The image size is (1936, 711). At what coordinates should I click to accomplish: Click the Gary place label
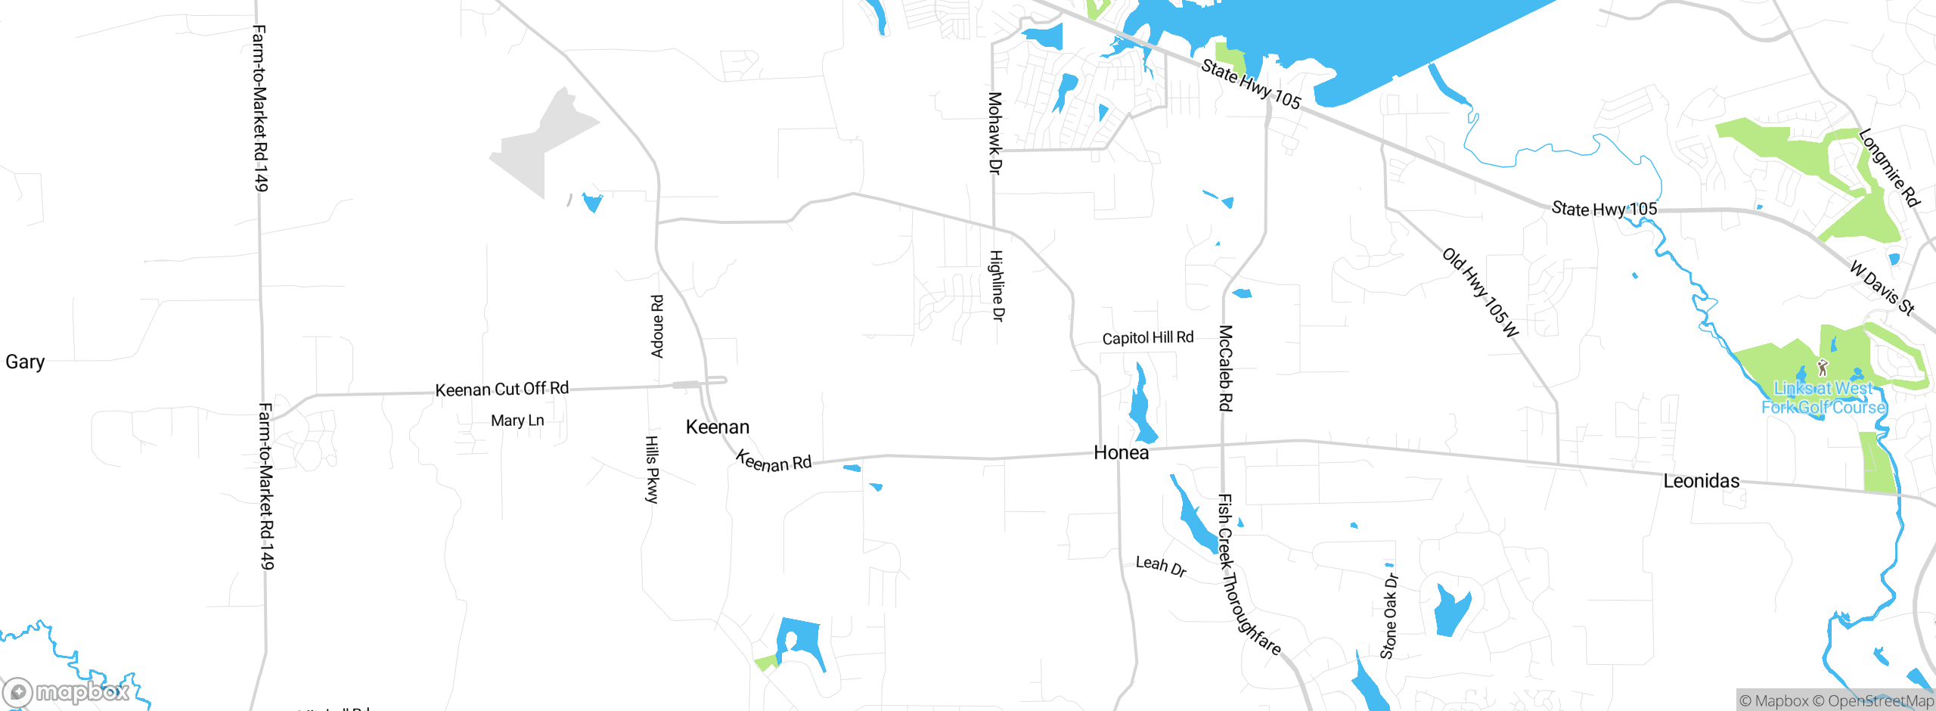pyautogui.click(x=25, y=362)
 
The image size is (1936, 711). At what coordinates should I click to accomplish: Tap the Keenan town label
pyautogui.click(x=717, y=427)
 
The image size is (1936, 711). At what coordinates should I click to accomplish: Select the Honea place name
pyautogui.click(x=1121, y=453)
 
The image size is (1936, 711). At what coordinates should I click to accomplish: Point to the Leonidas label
pyautogui.click(x=1701, y=481)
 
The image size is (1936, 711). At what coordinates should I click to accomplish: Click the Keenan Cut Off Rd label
pyautogui.click(x=501, y=390)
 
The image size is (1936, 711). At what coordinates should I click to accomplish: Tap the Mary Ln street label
pyautogui.click(x=517, y=421)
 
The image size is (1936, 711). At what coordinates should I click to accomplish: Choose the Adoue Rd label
pyautogui.click(x=657, y=326)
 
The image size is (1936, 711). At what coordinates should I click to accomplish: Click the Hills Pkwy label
pyautogui.click(x=652, y=469)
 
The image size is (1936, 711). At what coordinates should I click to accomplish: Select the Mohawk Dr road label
pyautogui.click(x=995, y=133)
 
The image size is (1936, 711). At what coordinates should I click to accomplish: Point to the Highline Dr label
pyautogui.click(x=997, y=286)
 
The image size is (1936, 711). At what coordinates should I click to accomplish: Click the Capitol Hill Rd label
pyautogui.click(x=1147, y=338)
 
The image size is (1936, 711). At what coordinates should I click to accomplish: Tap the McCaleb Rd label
pyautogui.click(x=1225, y=368)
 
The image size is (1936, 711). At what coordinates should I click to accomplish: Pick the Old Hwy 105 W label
pyautogui.click(x=1481, y=292)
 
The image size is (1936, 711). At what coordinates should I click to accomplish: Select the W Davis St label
pyautogui.click(x=1882, y=287)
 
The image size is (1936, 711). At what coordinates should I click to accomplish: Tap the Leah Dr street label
pyautogui.click(x=1161, y=567)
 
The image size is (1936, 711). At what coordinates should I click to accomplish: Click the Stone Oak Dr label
pyautogui.click(x=1389, y=616)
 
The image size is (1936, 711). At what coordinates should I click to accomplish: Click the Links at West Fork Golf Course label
pyautogui.click(x=1823, y=398)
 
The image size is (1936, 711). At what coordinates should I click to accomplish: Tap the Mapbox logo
pyautogui.click(x=67, y=692)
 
